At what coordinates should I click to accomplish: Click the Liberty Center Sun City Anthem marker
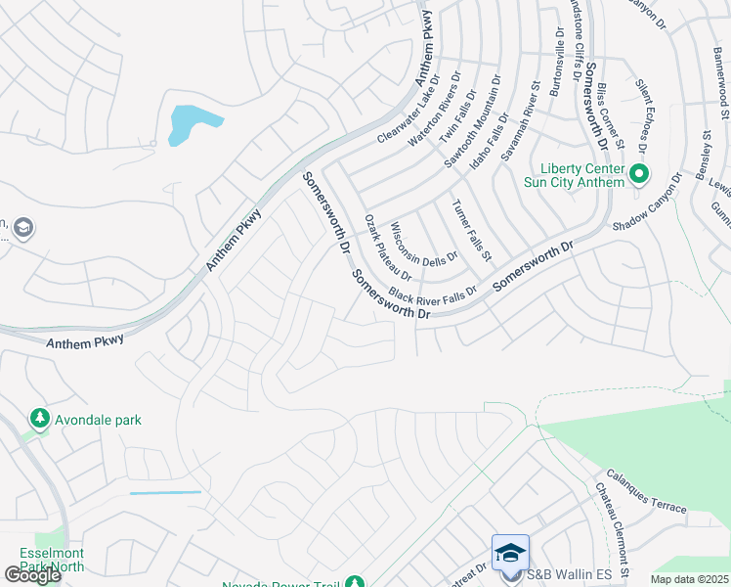640,176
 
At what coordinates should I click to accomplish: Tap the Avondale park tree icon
40,420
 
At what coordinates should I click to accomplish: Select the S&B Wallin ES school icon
511,554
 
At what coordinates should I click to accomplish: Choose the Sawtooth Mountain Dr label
473,122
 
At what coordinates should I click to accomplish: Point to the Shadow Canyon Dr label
647,201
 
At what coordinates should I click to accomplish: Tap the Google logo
32,575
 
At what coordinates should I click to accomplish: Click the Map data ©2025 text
688,579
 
